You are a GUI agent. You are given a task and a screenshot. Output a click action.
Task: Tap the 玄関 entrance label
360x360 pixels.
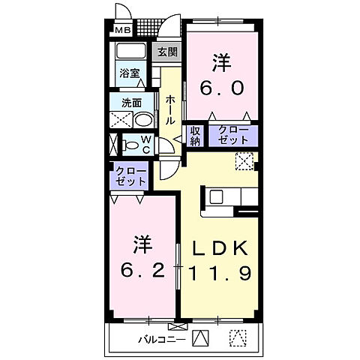click(x=166, y=52)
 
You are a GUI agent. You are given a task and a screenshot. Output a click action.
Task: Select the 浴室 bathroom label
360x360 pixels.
click(x=130, y=73)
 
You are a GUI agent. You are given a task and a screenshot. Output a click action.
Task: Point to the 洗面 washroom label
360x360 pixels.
click(x=132, y=102)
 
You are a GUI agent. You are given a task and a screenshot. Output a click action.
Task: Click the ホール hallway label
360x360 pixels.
click(x=172, y=109)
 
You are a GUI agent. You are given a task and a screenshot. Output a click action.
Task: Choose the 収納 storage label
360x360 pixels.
click(x=194, y=136)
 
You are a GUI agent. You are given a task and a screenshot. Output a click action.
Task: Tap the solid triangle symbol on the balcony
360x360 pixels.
click(x=199, y=338)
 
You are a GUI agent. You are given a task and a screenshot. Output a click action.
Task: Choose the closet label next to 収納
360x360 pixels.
click(x=232, y=136)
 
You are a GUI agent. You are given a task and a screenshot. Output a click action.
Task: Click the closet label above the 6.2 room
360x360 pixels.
click(x=128, y=177)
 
